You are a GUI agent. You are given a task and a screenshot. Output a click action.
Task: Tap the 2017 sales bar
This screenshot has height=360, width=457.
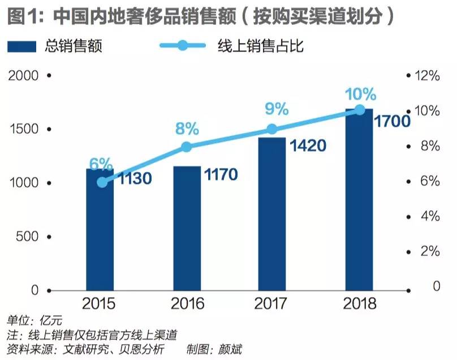click(272, 215)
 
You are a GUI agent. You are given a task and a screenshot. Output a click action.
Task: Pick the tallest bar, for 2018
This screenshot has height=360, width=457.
click(359, 201)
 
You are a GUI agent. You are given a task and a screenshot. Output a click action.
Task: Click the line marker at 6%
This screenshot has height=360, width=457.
click(101, 182)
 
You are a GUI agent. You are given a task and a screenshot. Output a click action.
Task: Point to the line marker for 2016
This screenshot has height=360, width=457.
click(187, 147)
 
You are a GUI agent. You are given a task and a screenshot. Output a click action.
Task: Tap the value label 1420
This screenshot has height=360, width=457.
click(308, 145)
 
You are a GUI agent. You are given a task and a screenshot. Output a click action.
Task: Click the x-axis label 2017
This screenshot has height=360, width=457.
click(273, 303)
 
